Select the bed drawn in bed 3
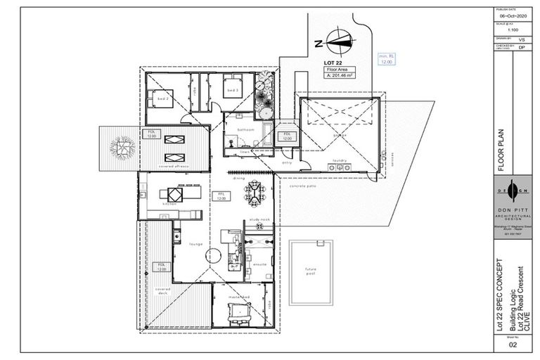232,88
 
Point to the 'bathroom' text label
245,129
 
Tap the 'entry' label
286,162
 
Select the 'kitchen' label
169,204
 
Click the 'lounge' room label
195,244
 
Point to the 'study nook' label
259,220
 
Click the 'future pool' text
310,271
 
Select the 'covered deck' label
163,291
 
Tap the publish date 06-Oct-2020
512,15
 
